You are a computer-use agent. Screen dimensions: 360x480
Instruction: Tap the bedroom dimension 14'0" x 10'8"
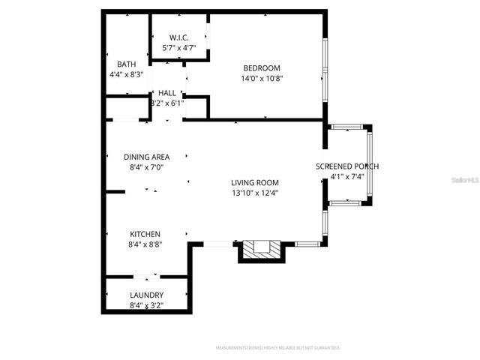tap(262, 78)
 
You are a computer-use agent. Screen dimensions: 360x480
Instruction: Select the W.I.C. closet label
tap(178, 37)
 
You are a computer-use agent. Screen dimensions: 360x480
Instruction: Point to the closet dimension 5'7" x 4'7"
tap(178, 48)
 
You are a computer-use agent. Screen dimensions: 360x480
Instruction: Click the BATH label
tap(125, 64)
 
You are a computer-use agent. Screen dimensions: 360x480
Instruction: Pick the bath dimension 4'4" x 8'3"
tap(125, 74)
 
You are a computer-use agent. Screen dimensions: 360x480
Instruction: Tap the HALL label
tap(167, 92)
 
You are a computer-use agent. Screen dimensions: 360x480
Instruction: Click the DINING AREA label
tap(146, 157)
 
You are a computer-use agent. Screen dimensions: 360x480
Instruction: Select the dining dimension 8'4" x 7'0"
tap(146, 167)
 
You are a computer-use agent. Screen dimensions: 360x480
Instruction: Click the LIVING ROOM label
tap(255, 182)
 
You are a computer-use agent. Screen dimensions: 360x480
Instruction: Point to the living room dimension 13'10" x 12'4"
tap(255, 193)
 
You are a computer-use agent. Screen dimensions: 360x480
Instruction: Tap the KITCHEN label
tap(145, 234)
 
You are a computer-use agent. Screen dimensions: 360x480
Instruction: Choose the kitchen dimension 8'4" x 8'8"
tap(145, 244)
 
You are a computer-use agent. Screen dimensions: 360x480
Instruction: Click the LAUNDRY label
tap(146, 295)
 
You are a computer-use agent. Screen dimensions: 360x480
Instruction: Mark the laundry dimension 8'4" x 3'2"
tap(146, 305)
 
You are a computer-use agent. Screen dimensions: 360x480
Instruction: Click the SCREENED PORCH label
tap(346, 166)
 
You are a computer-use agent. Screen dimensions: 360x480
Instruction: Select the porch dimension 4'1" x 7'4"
tap(346, 177)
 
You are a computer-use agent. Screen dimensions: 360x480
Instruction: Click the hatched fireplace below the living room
tap(260, 250)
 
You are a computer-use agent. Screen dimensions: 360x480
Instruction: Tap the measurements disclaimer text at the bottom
tap(277, 348)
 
